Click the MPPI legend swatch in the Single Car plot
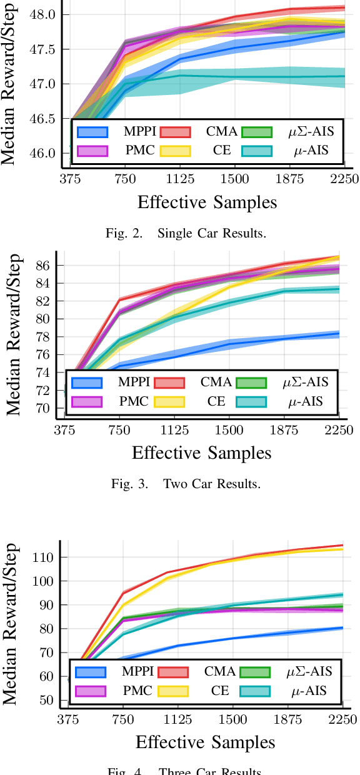pyautogui.click(x=92, y=132)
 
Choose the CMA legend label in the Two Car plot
pyautogui.click(x=216, y=382)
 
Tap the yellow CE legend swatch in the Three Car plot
pyautogui.click(x=172, y=691)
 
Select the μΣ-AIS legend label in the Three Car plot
pyautogui.click(x=309, y=672)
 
